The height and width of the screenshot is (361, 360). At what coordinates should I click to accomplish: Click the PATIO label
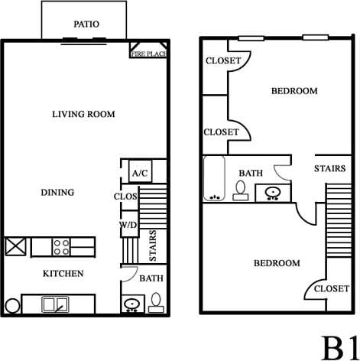point(86,24)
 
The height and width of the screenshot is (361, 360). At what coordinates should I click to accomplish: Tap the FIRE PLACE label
point(149,54)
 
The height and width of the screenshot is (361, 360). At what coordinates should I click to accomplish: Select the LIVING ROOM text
point(83,115)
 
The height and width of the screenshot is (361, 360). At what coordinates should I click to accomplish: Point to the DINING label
point(57,193)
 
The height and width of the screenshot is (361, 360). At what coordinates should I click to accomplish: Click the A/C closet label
point(140,174)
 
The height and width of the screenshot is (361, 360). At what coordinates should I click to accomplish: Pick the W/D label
point(128,225)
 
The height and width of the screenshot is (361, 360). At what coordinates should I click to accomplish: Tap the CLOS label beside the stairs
point(125,196)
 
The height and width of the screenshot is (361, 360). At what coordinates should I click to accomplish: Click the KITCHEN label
point(63,273)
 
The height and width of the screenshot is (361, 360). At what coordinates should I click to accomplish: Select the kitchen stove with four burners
point(62,246)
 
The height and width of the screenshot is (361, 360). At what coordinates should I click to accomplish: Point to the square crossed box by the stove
point(16,246)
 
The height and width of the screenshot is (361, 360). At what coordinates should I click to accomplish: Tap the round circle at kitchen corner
point(11,306)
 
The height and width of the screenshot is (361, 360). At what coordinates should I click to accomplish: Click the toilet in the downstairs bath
point(156,303)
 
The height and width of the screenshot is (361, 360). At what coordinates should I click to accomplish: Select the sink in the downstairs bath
point(132,304)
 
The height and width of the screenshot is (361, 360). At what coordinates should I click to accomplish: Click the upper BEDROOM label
point(294,91)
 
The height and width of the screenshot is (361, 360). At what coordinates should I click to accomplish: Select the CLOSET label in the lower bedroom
point(331,288)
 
